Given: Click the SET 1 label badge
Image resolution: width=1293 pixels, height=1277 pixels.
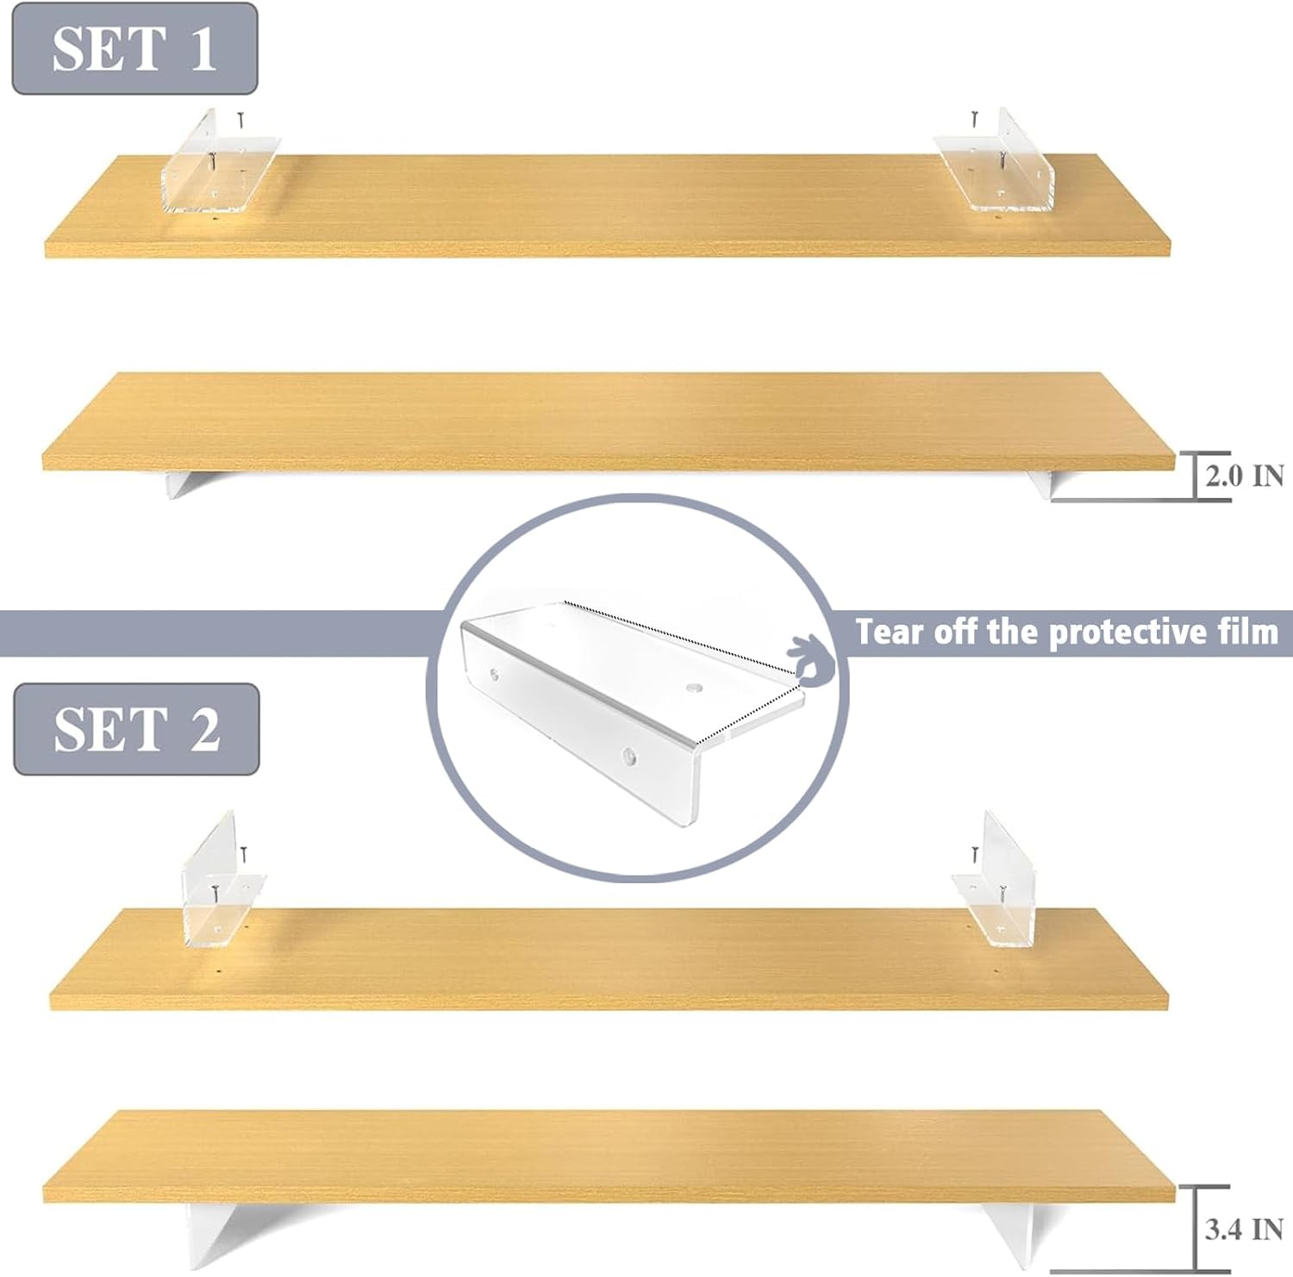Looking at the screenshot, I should (x=134, y=48).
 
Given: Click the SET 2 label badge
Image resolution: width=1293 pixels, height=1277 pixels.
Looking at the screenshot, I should (x=136, y=729).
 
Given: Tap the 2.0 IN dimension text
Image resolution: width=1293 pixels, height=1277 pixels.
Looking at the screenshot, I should (x=1244, y=476).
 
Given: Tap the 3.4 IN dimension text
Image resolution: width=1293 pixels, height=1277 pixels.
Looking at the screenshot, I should (x=1244, y=1229).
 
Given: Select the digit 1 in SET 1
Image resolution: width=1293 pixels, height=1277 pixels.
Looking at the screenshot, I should (x=203, y=48).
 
